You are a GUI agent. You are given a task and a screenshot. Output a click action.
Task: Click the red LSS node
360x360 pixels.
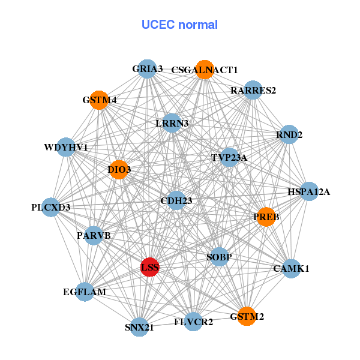149,267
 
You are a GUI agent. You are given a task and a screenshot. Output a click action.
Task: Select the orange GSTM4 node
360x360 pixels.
99,100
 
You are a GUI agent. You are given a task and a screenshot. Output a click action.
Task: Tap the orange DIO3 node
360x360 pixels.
119,170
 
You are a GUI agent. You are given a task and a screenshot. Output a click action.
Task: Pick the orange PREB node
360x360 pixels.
266,217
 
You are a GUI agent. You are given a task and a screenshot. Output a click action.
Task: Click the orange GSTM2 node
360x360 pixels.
247,316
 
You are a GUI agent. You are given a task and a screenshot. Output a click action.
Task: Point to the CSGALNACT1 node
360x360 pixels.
205,70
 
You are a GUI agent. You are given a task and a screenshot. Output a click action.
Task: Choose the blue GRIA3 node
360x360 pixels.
147,69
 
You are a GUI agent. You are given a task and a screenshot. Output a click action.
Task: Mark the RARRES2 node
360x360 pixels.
253,91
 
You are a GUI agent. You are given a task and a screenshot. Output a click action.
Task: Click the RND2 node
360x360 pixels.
289,135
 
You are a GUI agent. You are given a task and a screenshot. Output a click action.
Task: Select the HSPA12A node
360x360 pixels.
308,192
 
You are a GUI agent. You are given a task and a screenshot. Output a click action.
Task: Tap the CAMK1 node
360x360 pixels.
291,268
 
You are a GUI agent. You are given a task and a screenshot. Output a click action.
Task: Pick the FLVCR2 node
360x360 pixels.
193,322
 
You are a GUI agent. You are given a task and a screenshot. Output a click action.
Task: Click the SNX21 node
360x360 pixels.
139,327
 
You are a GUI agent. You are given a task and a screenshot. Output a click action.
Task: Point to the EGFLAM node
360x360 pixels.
85,292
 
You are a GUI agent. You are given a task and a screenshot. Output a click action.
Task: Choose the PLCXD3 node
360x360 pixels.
52,208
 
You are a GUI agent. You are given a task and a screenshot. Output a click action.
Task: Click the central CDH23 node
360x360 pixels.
176,200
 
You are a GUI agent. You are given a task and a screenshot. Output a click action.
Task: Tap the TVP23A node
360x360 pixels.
229,158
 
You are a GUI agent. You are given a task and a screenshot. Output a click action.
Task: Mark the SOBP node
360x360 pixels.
219,257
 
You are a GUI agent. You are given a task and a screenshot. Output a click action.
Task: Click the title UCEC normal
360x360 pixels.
179,25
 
